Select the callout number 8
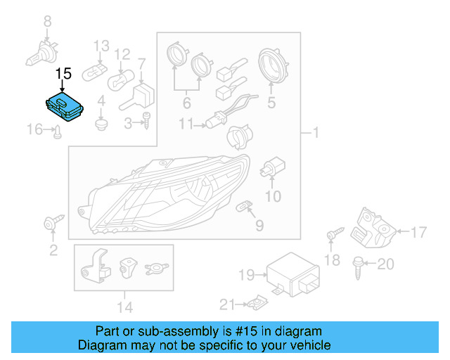click(x=48, y=22)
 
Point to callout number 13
click(x=102, y=45)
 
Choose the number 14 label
click(x=124, y=307)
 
